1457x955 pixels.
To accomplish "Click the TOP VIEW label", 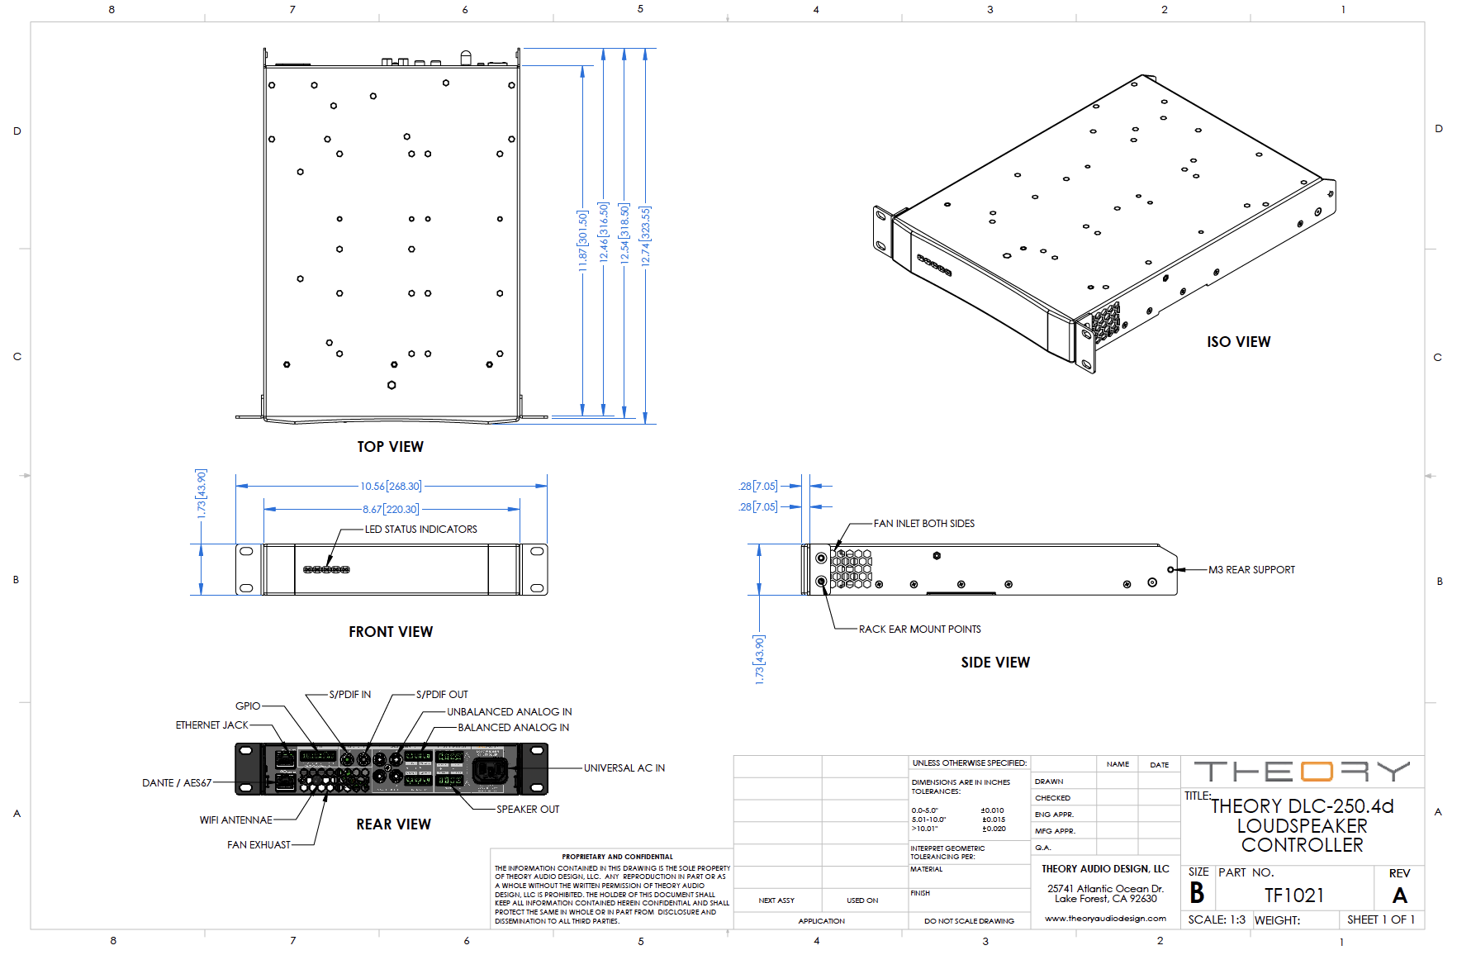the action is coord(390,447).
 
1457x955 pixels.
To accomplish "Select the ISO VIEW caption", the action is coord(1238,342).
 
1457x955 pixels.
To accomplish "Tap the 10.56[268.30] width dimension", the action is coord(391,487).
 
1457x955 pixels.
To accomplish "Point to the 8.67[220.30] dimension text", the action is coord(391,510).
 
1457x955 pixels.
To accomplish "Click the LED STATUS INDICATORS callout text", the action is coord(420,530).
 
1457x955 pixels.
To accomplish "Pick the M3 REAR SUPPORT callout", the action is coord(1251,570).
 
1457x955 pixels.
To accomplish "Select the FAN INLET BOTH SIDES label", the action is coord(923,524).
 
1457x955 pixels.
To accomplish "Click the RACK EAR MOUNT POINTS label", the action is coord(919,630).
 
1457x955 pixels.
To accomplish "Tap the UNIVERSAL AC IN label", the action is coord(624,768).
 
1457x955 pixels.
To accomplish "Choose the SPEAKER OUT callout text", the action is coord(528,810).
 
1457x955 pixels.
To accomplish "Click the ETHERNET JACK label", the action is coord(211,725).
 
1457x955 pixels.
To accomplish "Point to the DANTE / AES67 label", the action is coord(177,783).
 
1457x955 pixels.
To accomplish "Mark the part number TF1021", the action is coord(1293,896).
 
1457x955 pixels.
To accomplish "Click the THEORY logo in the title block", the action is coord(1302,772).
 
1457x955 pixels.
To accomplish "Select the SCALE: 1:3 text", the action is coord(1216,919).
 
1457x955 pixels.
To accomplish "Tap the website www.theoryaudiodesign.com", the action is coord(1105,919).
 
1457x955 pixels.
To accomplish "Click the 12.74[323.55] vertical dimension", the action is coord(645,236).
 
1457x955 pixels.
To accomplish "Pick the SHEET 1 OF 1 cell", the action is coord(1380,919).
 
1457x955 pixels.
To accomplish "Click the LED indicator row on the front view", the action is coord(326,570).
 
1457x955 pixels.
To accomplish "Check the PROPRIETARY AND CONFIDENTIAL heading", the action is coord(617,857).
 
